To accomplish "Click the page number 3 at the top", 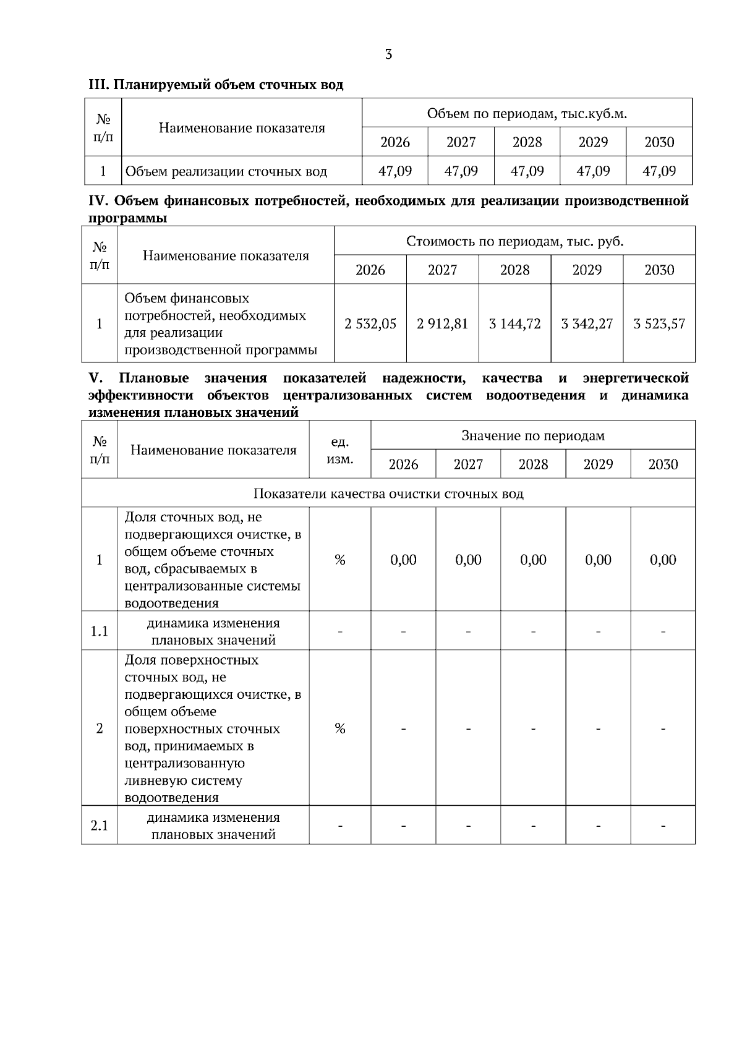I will point(388,54).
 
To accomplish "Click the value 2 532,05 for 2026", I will point(370,323).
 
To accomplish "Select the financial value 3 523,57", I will point(659,323).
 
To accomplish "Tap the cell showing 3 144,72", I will point(514,323).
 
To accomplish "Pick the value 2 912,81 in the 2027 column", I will point(443,323).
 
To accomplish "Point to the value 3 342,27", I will point(587,323).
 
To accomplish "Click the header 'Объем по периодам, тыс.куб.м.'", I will point(527,114).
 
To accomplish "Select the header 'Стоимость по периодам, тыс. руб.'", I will point(514,241).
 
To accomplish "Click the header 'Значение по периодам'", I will point(533,436).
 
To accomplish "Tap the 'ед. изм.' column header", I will point(340,450).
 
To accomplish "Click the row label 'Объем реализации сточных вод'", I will point(226,171).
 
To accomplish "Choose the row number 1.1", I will point(100,631).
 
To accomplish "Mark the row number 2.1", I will point(100,826).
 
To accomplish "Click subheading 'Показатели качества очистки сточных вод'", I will point(388,493).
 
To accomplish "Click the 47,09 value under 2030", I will point(659,171).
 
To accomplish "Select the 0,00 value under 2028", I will point(533,560).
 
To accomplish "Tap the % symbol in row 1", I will point(340,560).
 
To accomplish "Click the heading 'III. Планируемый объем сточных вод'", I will point(216,85).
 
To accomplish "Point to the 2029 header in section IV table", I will point(587,270).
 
